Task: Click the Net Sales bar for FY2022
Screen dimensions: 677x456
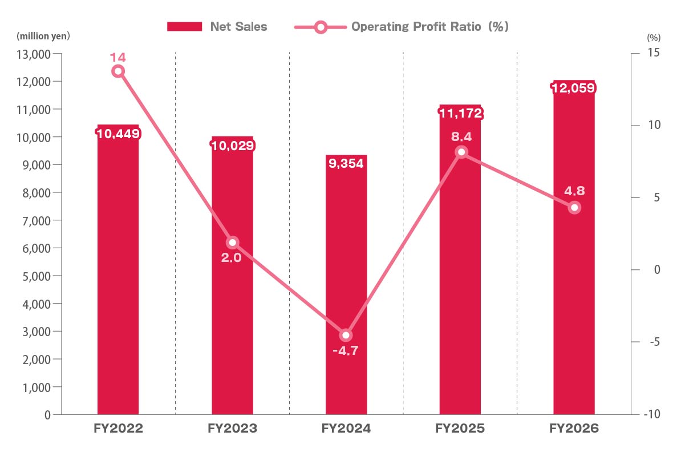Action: click(118, 269)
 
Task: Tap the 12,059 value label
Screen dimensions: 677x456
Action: click(573, 88)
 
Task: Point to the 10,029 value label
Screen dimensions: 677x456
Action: click(233, 146)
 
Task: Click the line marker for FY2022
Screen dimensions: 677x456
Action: click(118, 71)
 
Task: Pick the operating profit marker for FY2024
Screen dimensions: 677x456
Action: click(346, 336)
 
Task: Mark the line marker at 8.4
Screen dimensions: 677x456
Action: click(461, 152)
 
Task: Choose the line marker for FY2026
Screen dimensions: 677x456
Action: click(574, 208)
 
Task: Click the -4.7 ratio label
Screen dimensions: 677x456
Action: click(346, 350)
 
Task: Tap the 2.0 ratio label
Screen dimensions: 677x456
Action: click(232, 258)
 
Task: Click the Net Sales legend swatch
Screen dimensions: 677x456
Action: click(184, 27)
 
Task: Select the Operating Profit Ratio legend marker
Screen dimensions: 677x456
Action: click(321, 27)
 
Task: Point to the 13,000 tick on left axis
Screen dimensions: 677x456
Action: click(33, 54)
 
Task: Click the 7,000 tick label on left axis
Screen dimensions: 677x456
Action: click(37, 221)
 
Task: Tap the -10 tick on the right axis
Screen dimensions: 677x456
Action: click(652, 414)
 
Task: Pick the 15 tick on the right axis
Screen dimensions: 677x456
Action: click(654, 53)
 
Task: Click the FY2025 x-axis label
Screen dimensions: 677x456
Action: click(460, 429)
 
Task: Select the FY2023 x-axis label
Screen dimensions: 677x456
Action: click(232, 429)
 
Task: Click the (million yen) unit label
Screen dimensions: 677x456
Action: click(43, 36)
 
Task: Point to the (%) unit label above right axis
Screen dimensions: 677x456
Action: click(654, 38)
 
